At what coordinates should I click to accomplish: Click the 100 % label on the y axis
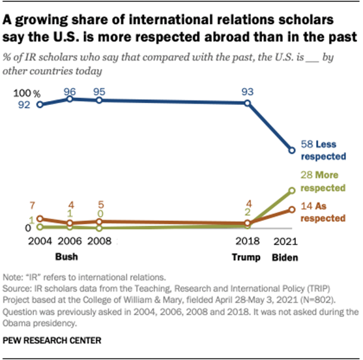(24, 95)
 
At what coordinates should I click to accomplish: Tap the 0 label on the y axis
(29, 228)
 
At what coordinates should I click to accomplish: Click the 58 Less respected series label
(323, 151)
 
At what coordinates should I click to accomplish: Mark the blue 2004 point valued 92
(40, 104)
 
